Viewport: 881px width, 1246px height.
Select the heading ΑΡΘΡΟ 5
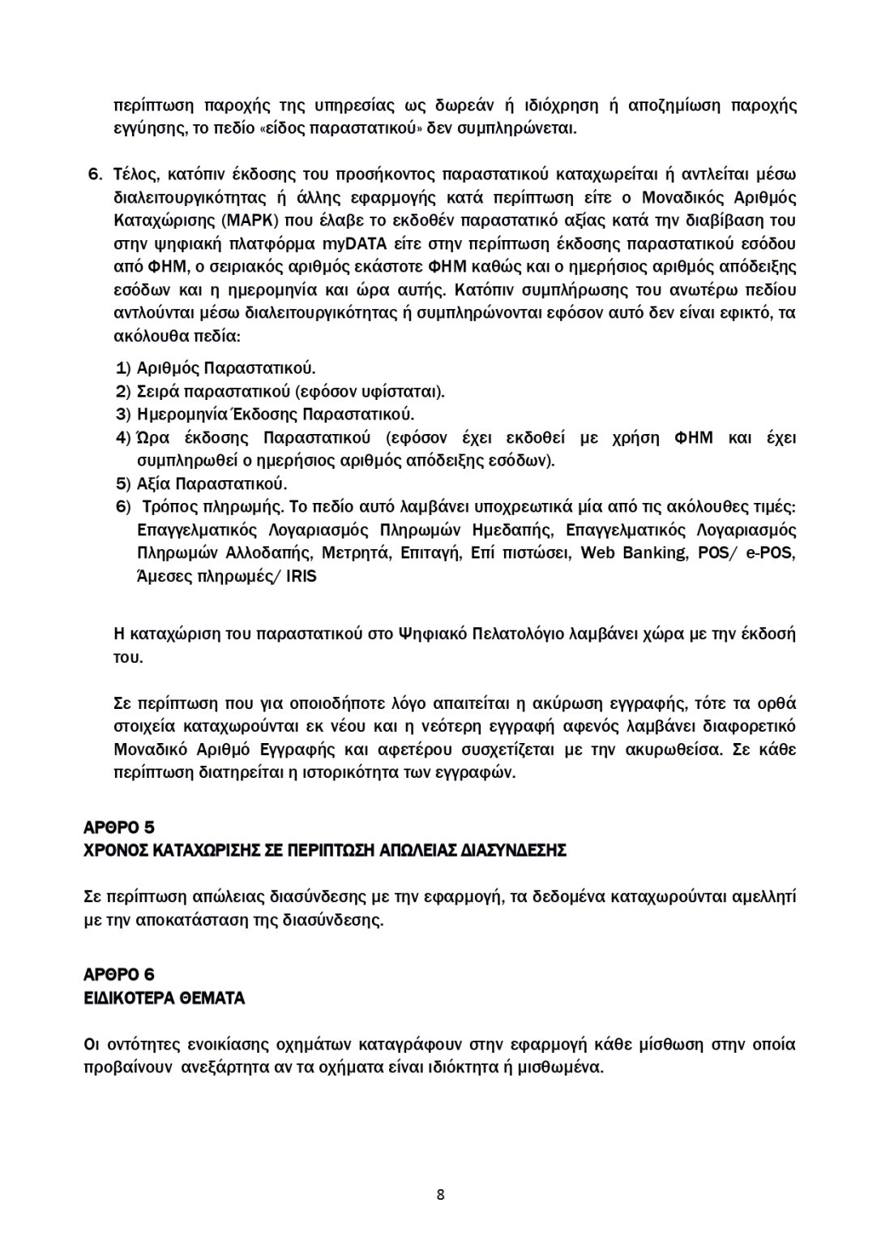[x=119, y=827]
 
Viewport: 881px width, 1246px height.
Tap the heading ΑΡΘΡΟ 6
[x=119, y=974]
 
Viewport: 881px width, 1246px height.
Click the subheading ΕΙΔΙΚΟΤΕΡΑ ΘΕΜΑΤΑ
[x=165, y=999]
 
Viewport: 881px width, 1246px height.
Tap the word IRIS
[x=302, y=577]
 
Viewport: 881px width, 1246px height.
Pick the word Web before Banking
[x=598, y=553]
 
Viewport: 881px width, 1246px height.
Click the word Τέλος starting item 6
[x=135, y=174]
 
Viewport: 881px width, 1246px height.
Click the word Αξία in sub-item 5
[x=153, y=484]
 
